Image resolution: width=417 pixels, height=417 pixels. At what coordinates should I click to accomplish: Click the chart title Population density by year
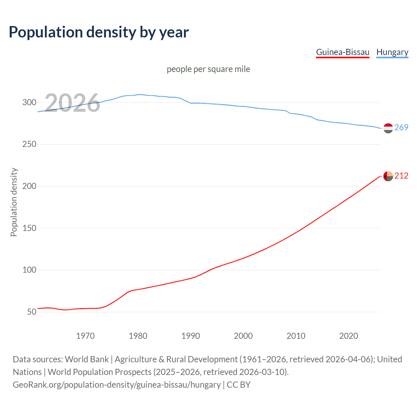pos(99,32)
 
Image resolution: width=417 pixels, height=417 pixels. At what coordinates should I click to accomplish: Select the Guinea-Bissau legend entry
pos(343,52)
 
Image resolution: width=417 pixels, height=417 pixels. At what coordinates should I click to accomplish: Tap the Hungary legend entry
pos(392,52)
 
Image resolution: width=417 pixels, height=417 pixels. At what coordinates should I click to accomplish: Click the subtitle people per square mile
pos(208,69)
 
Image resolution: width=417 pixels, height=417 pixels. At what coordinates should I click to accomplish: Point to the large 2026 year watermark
pos(72,103)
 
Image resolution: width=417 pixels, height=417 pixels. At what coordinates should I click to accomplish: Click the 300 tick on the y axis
pos(29,102)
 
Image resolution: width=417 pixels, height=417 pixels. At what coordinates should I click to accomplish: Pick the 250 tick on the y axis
pos(29,144)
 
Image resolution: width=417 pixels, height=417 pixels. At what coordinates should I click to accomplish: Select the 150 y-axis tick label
pos(29,228)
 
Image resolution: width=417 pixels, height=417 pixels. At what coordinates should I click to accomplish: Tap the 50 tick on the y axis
pos(32,312)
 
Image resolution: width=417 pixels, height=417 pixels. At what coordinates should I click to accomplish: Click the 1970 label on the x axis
pos(85,336)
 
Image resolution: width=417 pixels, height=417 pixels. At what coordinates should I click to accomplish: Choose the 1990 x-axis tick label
pos(191,336)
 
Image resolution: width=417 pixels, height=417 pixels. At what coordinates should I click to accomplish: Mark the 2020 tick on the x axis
pos(349,336)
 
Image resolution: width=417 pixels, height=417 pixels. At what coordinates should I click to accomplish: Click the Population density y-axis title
pos(14,202)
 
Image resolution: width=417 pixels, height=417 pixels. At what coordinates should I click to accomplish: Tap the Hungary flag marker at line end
pos(388,128)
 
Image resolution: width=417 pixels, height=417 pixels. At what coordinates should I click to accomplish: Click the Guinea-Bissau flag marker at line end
pos(388,176)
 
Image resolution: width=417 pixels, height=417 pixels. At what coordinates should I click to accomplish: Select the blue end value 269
pos(401,127)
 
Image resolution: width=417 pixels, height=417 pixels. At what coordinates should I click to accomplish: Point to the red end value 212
pos(401,176)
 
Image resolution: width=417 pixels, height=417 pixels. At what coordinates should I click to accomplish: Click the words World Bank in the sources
pos(87,359)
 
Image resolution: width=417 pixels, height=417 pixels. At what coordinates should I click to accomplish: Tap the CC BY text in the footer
pos(238,384)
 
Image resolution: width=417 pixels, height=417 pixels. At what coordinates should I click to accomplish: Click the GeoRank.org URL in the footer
pos(117,384)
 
